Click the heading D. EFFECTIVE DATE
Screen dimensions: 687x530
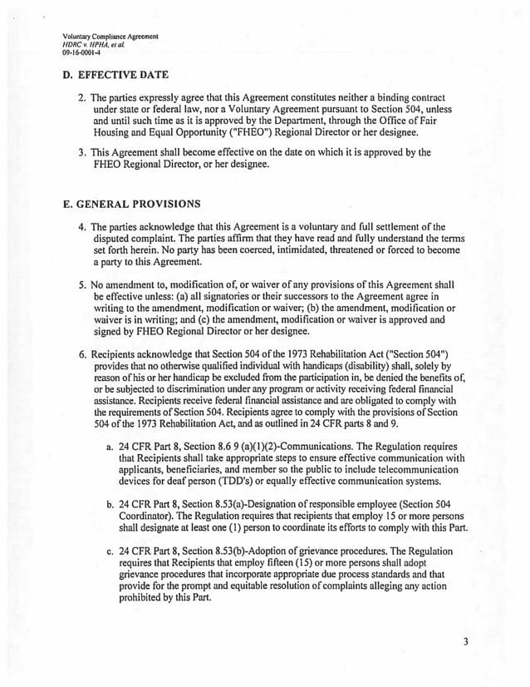coord(115,75)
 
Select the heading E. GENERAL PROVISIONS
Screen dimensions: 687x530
coord(130,203)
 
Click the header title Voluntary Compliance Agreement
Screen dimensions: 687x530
coord(110,37)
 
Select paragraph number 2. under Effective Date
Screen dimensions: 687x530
coord(82,97)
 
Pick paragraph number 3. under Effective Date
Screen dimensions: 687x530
coord(82,153)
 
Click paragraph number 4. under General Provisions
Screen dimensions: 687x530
coord(82,227)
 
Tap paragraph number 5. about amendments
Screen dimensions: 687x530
coord(82,284)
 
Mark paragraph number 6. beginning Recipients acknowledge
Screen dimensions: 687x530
coord(83,353)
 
